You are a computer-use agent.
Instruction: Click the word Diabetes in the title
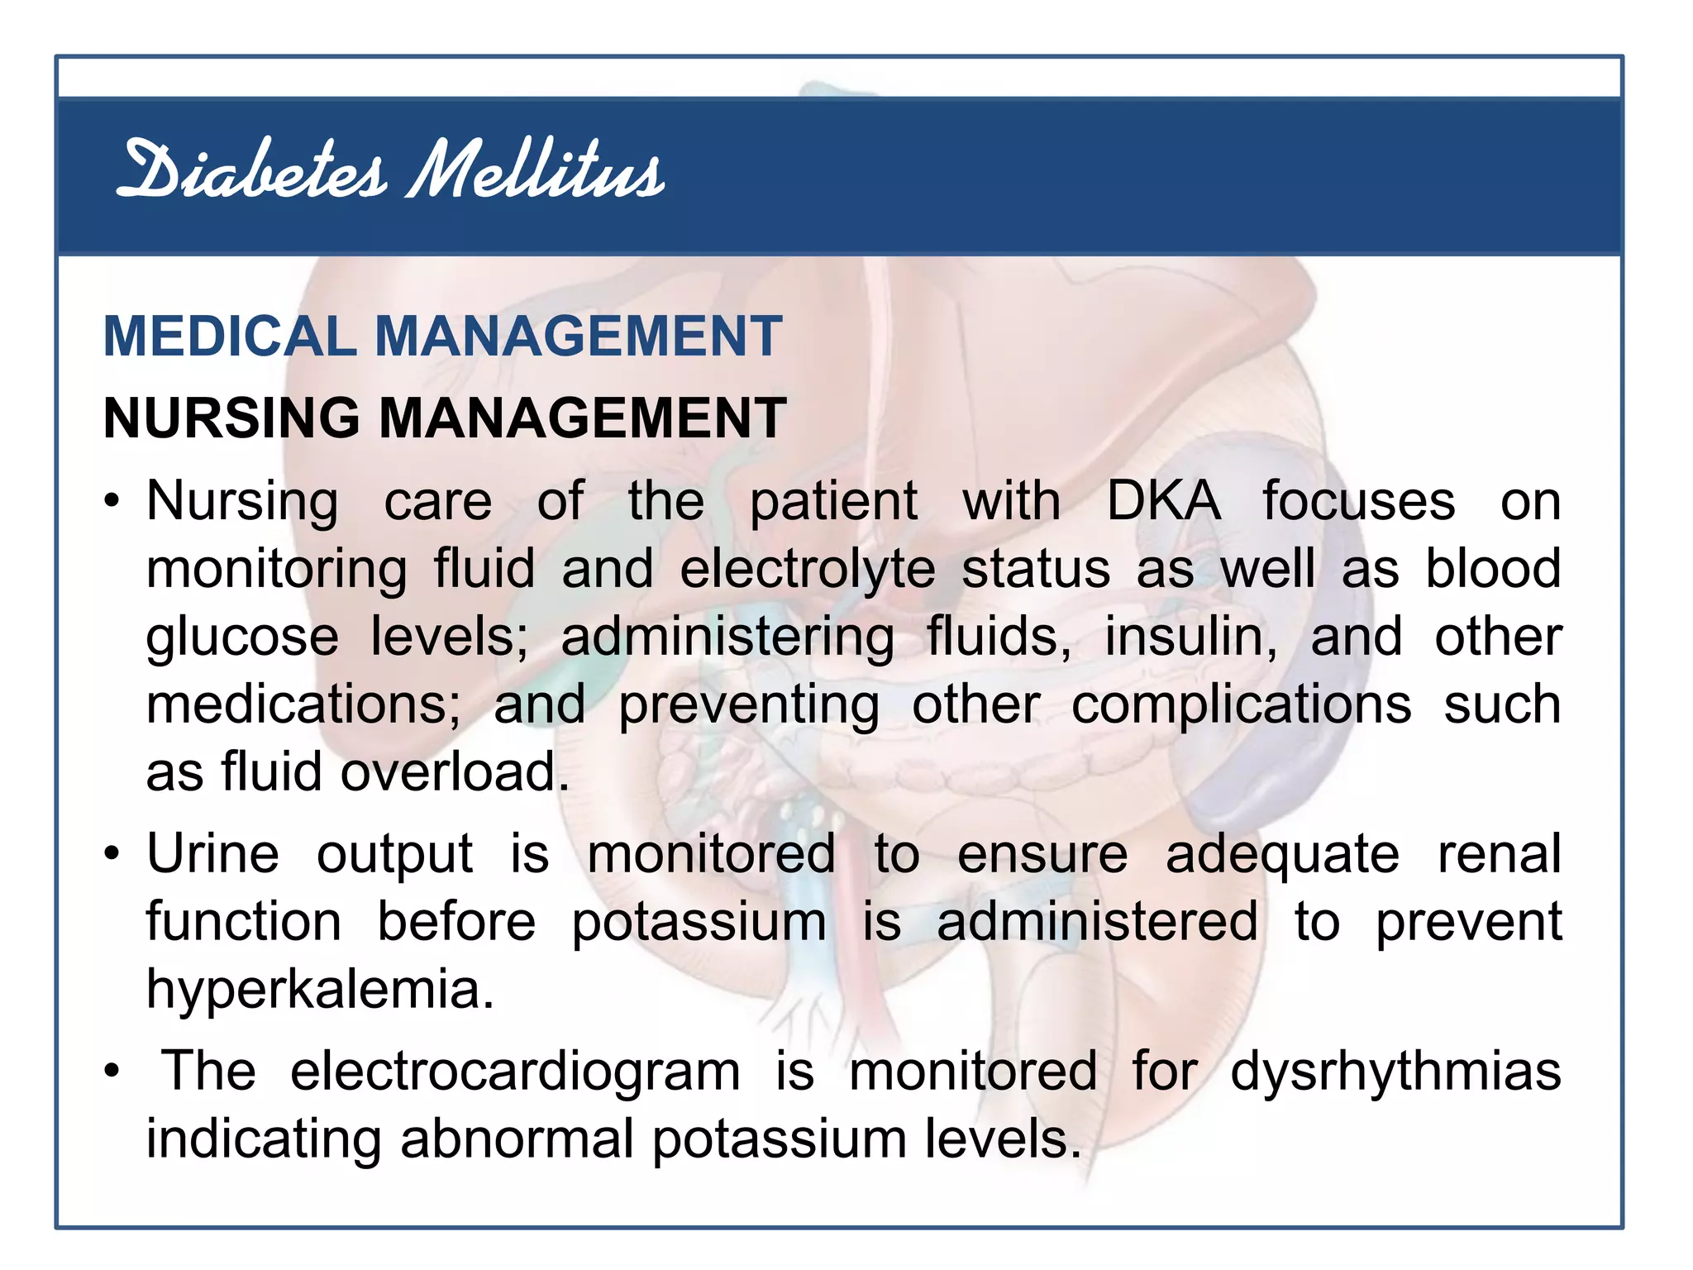[x=251, y=172]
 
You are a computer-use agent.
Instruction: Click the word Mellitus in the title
[x=536, y=172]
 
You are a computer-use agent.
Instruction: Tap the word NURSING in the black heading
[x=231, y=418]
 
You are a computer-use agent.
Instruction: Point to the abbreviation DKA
[x=1163, y=501]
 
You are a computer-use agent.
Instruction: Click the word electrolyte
[x=808, y=569]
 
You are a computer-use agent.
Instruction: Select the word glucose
[x=242, y=638]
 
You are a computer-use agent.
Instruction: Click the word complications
[x=1242, y=704]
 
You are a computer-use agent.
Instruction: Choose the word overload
[x=455, y=772]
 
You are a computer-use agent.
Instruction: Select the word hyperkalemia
[x=320, y=989]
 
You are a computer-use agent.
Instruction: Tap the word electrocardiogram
[x=515, y=1072]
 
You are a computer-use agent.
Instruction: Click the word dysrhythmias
[x=1395, y=1072]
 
